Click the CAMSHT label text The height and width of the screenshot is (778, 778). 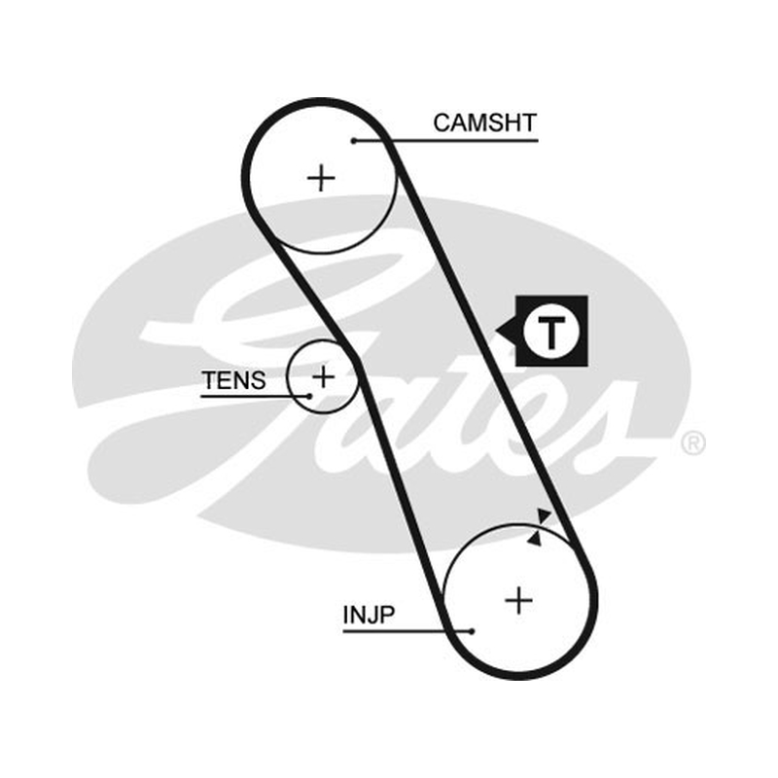click(484, 124)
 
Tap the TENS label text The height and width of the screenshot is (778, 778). click(233, 380)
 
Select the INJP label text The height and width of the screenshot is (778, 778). click(369, 615)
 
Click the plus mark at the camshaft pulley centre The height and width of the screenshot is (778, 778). click(321, 178)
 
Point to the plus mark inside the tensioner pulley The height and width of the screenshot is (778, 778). click(323, 377)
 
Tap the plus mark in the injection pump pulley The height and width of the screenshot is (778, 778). click(518, 600)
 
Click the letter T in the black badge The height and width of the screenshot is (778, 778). click(550, 332)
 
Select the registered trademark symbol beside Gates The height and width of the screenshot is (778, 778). click(693, 443)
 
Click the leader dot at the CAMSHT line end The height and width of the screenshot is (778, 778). click(354, 141)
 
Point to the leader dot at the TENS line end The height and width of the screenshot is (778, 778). click(309, 396)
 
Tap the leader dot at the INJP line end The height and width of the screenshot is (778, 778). click(472, 631)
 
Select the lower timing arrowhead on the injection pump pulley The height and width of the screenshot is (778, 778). click(534, 539)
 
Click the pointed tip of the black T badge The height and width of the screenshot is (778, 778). click(496, 332)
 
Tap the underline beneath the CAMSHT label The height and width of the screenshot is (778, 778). click(446, 141)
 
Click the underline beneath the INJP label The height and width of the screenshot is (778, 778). click(407, 631)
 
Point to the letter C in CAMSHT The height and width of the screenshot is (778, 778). click(442, 124)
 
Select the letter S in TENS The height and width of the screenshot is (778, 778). click(258, 380)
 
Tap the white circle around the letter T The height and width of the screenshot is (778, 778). click(550, 307)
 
